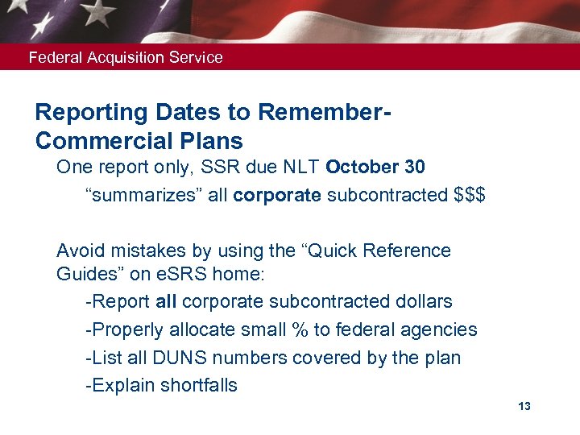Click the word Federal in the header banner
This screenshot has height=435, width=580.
(52, 57)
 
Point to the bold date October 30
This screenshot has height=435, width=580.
(375, 167)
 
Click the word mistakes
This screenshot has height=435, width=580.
(144, 251)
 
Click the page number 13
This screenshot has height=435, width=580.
(524, 406)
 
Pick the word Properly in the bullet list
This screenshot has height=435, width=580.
(121, 329)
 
